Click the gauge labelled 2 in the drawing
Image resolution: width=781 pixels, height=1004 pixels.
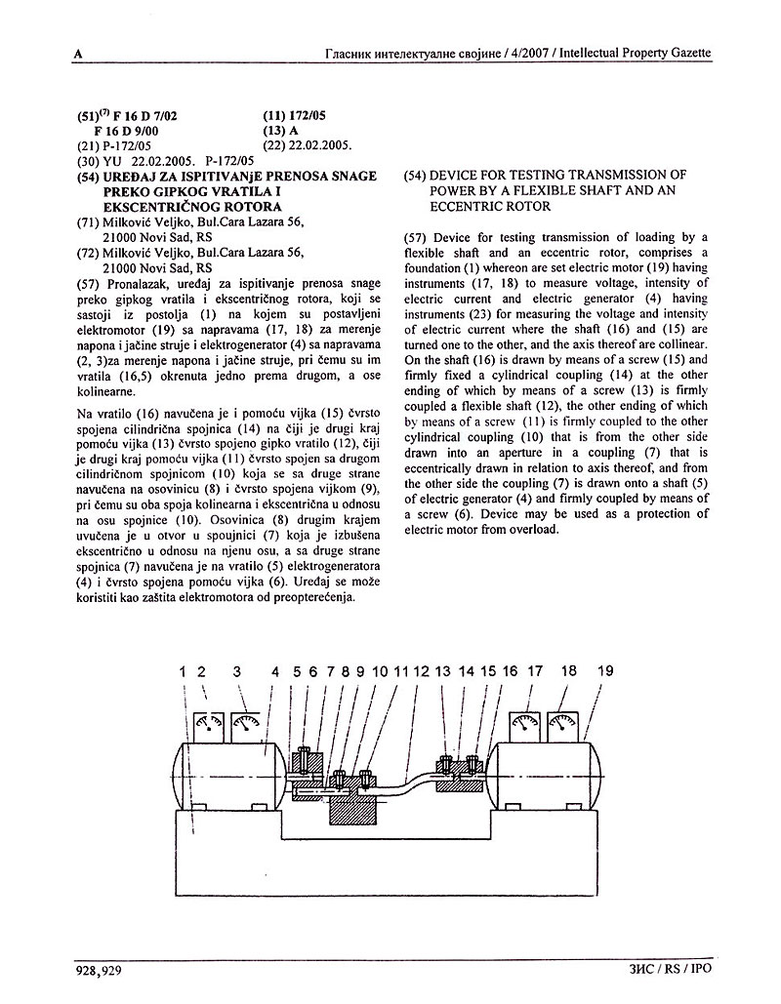209,724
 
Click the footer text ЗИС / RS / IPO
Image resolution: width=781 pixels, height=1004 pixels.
673,970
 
